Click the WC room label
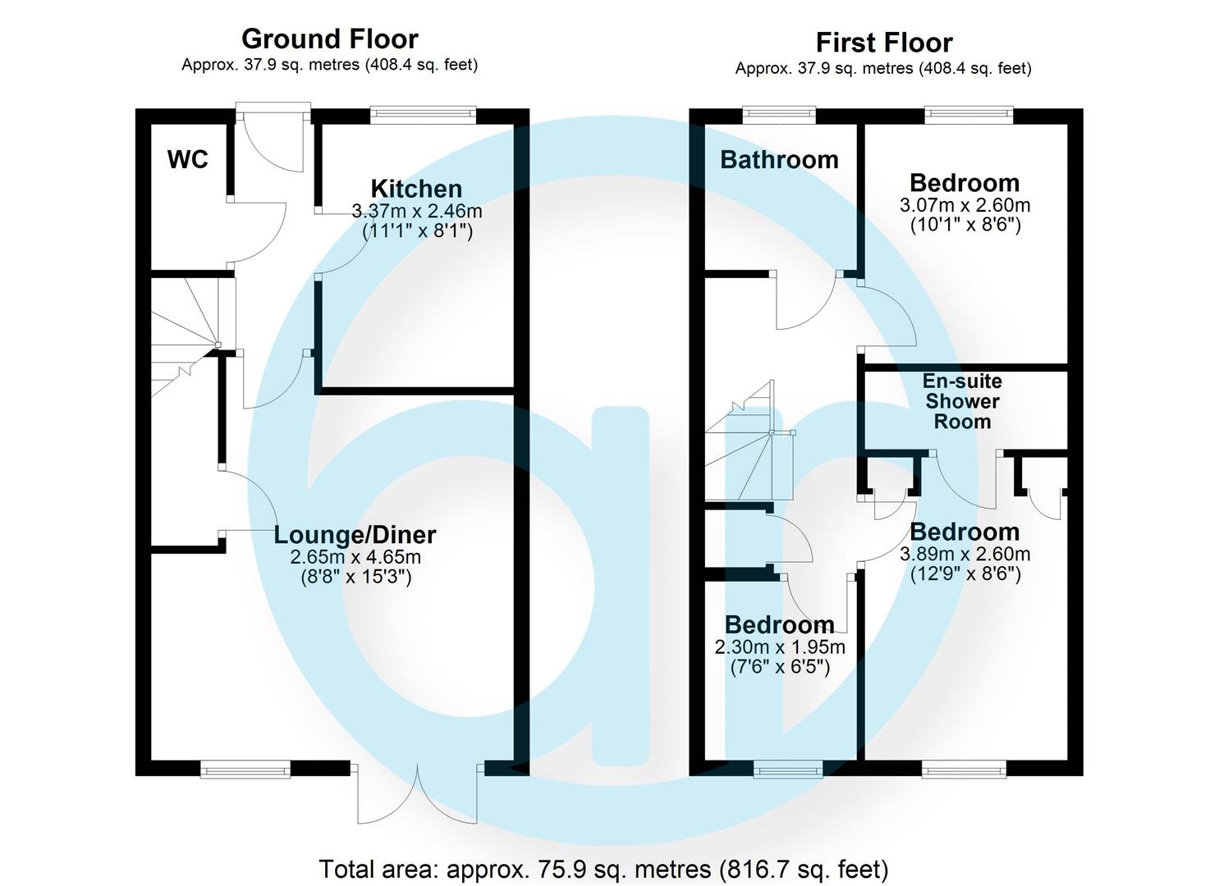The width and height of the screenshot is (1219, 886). pyautogui.click(x=188, y=159)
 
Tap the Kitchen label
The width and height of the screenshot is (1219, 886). pyautogui.click(x=416, y=189)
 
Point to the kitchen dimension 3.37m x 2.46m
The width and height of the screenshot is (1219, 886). pyautogui.click(x=417, y=211)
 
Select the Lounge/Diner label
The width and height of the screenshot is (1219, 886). pyautogui.click(x=355, y=535)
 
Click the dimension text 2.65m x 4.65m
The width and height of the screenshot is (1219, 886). pyautogui.click(x=355, y=557)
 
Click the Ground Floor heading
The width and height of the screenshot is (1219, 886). pyautogui.click(x=329, y=39)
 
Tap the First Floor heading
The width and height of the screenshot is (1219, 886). pyautogui.click(x=883, y=42)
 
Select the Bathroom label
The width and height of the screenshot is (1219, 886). pyautogui.click(x=779, y=159)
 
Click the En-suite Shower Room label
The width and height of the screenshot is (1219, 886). pyautogui.click(x=962, y=401)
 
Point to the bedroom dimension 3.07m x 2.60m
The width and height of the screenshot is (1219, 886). pyautogui.click(x=965, y=205)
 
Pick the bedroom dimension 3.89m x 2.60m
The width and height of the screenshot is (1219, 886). pyautogui.click(x=965, y=554)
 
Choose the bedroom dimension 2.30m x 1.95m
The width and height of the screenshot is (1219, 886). pyautogui.click(x=780, y=646)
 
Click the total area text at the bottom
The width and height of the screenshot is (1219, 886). pyautogui.click(x=603, y=868)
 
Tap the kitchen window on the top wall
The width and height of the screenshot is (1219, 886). pyautogui.click(x=423, y=115)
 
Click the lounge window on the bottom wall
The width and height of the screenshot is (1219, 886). pyautogui.click(x=245, y=769)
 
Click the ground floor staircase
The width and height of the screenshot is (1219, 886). pyautogui.click(x=185, y=336)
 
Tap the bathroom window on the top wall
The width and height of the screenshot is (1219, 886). pyautogui.click(x=779, y=115)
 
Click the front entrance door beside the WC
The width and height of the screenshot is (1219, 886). pyautogui.click(x=273, y=135)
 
